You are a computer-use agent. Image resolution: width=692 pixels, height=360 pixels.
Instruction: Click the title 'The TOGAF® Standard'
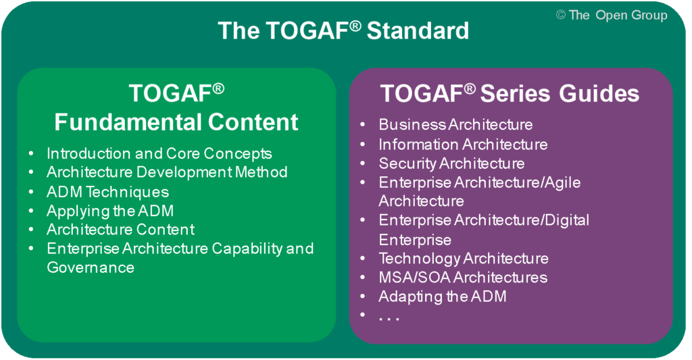coord(343,31)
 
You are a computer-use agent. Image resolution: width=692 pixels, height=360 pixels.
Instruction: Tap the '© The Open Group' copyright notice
coord(611,15)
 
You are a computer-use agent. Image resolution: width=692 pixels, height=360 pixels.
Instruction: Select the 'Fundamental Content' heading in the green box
coord(176,122)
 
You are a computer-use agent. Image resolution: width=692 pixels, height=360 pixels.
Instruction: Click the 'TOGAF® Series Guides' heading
coord(510,93)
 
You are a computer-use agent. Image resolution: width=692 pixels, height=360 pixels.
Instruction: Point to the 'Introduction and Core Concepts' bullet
coord(159,153)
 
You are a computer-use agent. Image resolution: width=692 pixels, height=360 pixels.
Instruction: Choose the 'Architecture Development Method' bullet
coord(167,172)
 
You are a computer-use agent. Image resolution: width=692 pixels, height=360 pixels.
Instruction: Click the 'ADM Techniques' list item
coord(107,192)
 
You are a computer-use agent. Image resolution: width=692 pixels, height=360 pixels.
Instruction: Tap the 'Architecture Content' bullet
coord(120,230)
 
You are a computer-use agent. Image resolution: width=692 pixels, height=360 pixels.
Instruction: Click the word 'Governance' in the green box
coord(91,267)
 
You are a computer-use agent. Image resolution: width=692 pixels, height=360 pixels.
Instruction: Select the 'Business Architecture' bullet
coord(455,124)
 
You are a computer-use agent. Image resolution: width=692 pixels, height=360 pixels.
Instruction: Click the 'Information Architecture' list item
coord(463,144)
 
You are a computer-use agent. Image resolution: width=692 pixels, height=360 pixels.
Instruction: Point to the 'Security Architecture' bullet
coord(451,163)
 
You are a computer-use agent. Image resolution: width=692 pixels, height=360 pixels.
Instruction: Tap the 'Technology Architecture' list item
coord(464,258)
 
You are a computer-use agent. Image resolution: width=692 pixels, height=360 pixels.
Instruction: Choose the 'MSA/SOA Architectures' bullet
coord(463,278)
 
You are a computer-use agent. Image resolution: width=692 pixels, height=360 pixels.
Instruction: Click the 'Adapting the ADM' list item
coord(443,297)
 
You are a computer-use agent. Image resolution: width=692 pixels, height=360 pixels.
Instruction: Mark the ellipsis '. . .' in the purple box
coord(389,317)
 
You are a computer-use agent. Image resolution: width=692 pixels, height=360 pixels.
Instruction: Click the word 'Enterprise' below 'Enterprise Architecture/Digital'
coord(415,240)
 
